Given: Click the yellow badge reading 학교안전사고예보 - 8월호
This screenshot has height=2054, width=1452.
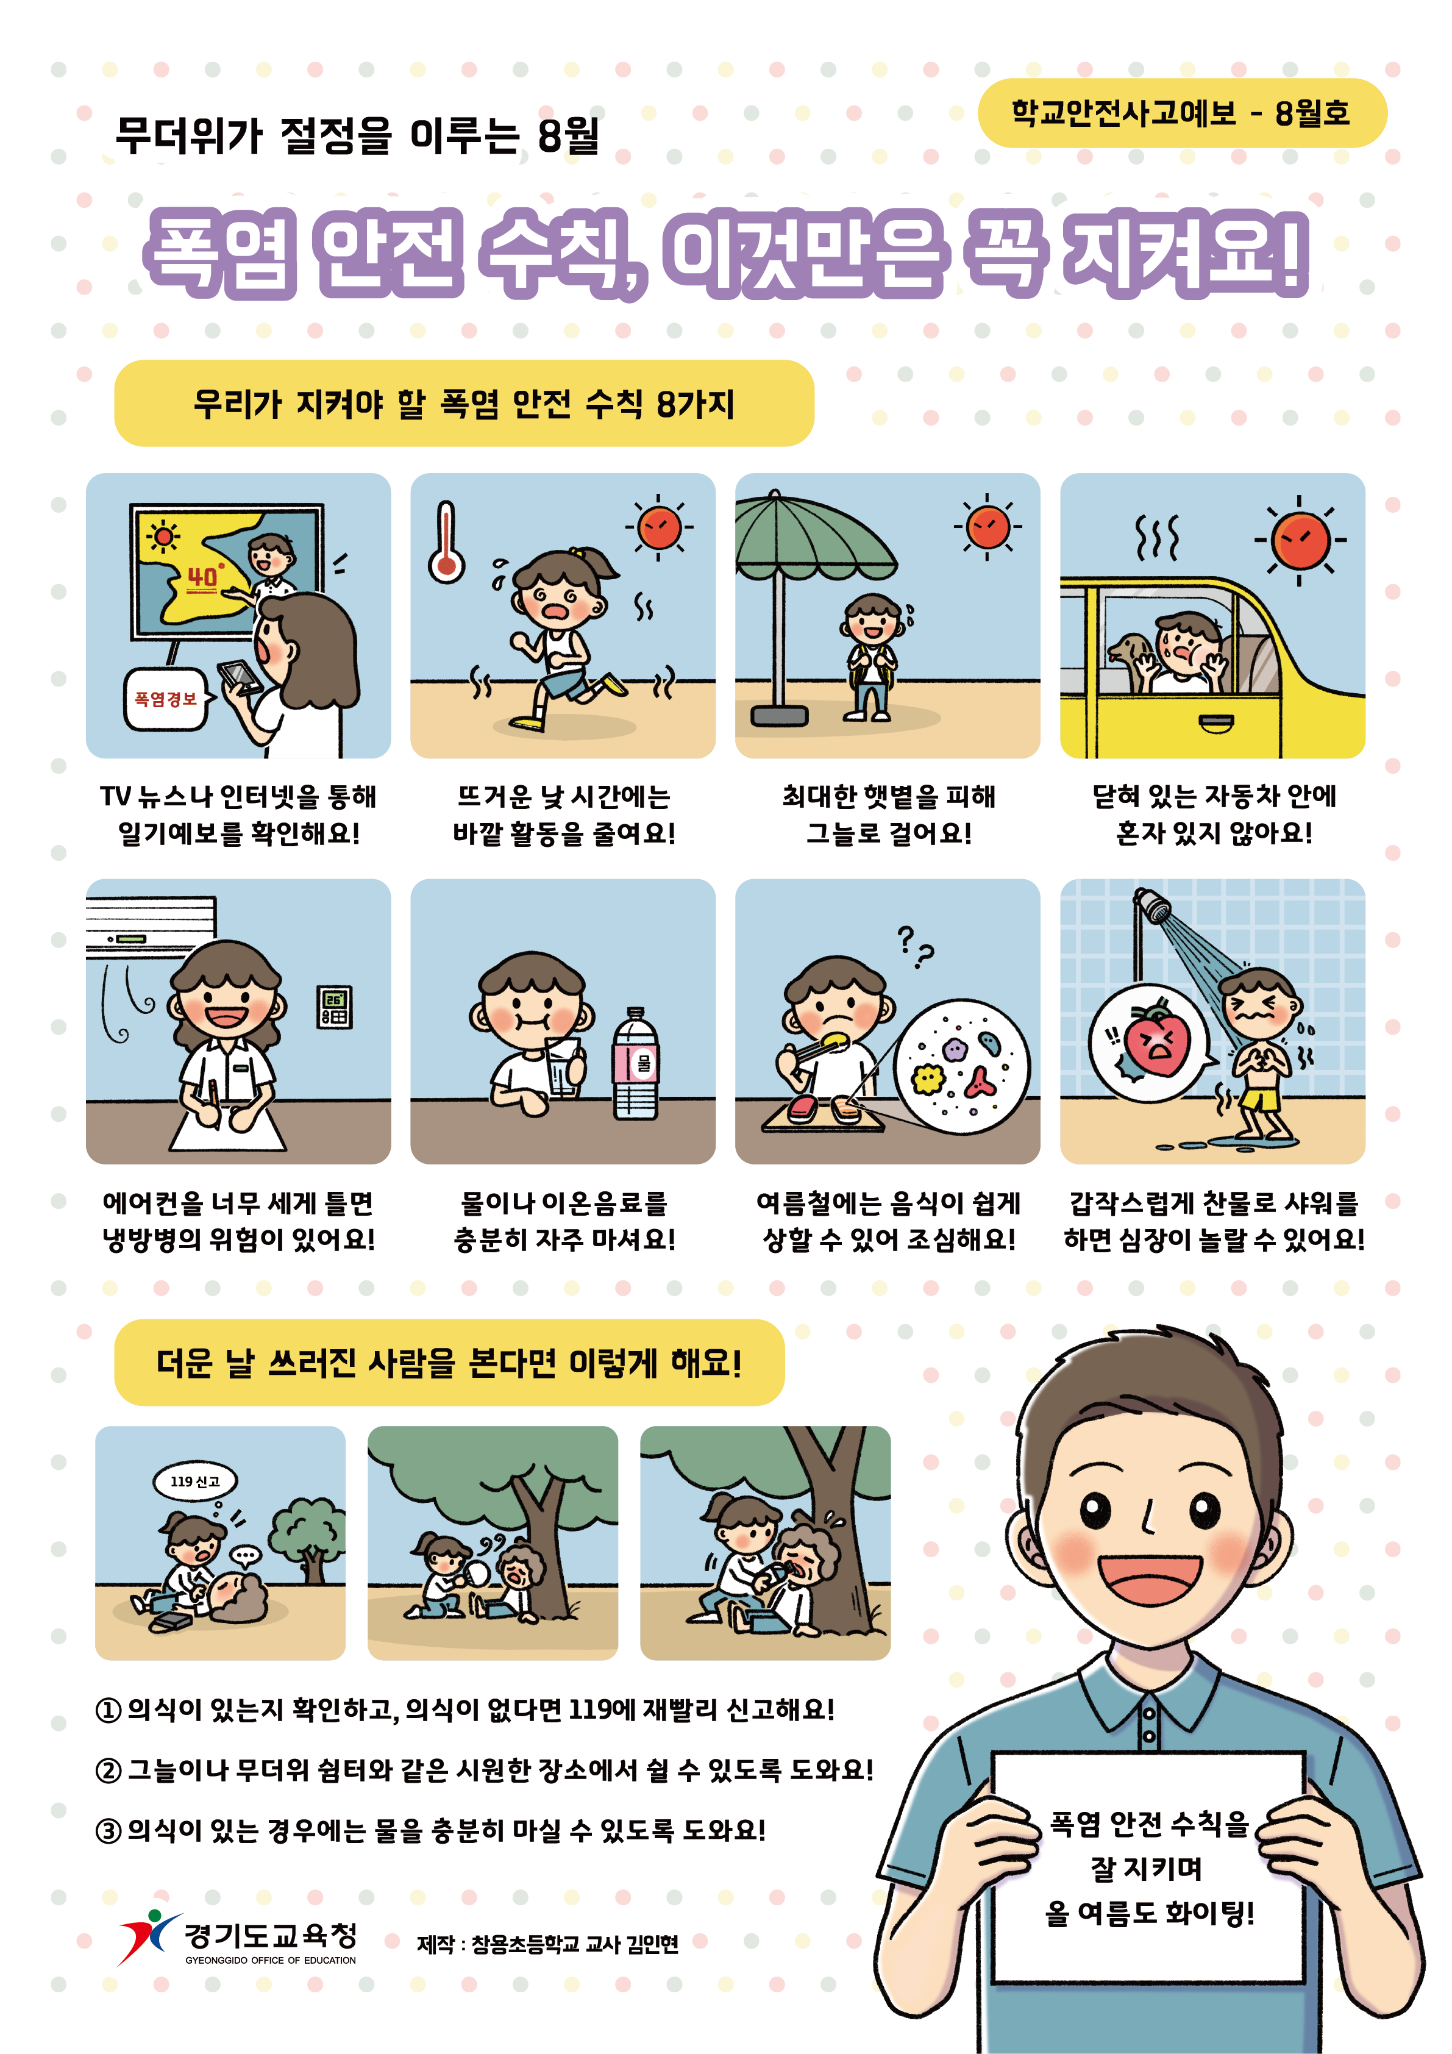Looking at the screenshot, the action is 1182,113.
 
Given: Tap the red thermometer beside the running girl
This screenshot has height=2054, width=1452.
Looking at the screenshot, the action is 446,542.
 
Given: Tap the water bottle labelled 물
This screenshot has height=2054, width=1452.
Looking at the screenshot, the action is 635,1064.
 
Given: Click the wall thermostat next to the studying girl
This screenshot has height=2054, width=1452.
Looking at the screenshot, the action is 335,1007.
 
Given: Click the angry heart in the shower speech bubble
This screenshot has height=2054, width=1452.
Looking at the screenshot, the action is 1158,1041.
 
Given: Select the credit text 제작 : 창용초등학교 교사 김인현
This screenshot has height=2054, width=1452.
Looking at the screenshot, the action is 547,1944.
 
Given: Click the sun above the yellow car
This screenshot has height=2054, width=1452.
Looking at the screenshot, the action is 1300,540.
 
